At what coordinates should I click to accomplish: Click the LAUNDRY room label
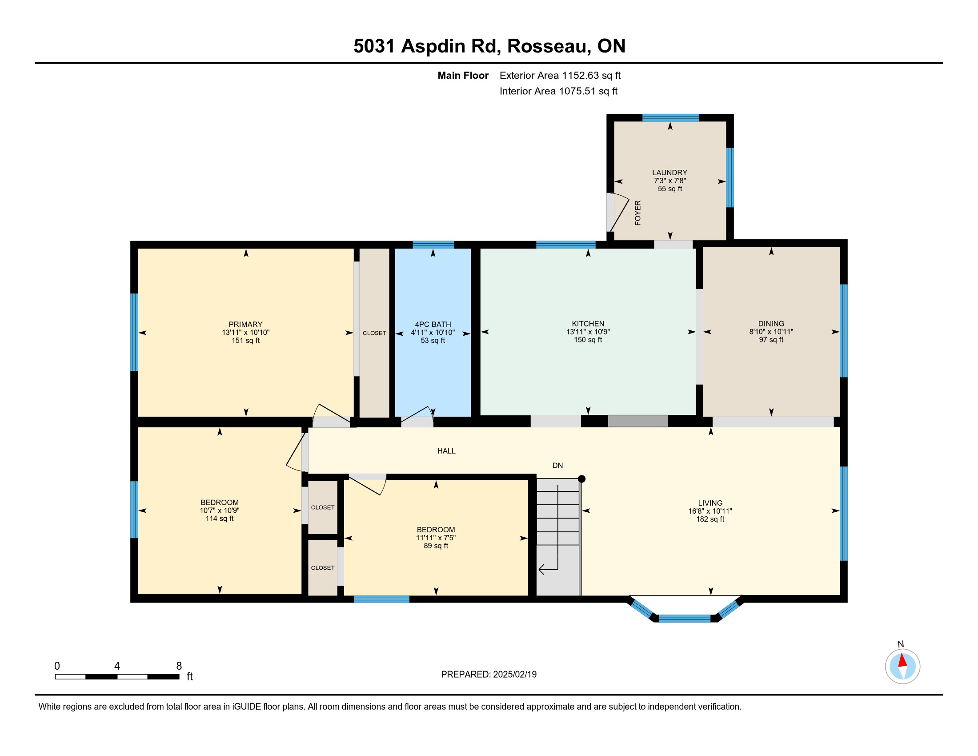pos(669,173)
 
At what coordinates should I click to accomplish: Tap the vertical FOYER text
pos(637,213)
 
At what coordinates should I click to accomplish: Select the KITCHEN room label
pos(588,323)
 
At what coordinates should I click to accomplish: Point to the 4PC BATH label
pos(433,324)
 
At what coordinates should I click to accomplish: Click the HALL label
pos(446,451)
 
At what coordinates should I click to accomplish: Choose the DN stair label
pos(557,465)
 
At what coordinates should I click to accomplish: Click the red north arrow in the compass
pos(902,660)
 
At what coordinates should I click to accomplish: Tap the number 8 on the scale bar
pos(179,666)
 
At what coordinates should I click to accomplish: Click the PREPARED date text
pos(489,675)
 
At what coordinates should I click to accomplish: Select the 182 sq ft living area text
pos(710,519)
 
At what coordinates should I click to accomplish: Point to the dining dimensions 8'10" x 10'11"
pos(771,332)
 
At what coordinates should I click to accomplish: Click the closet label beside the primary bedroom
pos(374,333)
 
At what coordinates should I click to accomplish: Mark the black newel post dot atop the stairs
pos(582,479)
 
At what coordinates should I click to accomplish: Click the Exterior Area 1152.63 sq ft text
pos(560,76)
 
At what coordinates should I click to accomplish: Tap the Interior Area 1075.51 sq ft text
pos(558,91)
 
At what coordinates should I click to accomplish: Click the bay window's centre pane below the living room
pos(685,619)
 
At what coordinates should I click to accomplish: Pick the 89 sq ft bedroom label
pos(436,546)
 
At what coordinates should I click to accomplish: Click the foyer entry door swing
pos(619,212)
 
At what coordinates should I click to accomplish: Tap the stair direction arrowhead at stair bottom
pos(541,570)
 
